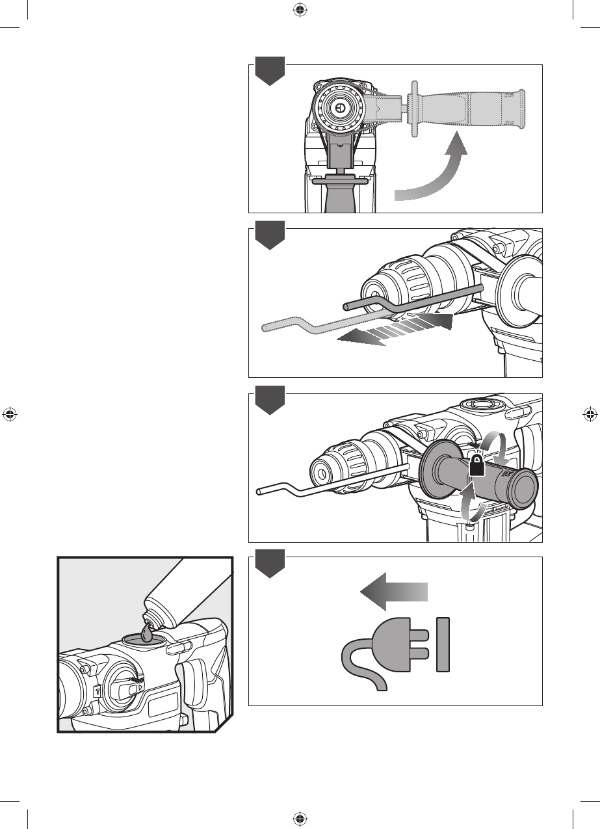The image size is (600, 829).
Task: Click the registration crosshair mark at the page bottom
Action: (x=300, y=818)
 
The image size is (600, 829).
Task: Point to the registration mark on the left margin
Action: (x=9, y=414)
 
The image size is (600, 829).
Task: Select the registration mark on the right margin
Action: (x=590, y=414)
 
